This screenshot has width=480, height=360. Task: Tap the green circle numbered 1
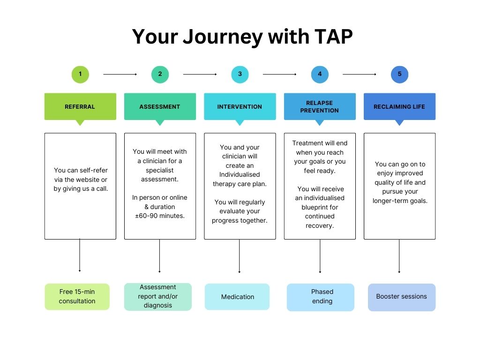[80, 74]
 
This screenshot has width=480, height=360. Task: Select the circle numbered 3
[240, 74]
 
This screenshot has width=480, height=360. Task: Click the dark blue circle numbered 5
[399, 74]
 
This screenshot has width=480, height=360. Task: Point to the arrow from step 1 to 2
[120, 74]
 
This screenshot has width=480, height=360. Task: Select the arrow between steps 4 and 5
[360, 74]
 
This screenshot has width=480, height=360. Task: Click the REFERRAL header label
[80, 107]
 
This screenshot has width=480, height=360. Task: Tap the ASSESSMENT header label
[160, 107]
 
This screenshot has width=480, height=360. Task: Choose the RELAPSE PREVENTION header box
[320, 107]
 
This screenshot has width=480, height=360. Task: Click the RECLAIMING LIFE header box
[399, 107]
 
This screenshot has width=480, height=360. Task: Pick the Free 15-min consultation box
[77, 296]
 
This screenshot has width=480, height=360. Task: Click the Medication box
[237, 297]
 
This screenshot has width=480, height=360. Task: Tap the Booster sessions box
[402, 297]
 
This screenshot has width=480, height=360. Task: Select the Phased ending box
[321, 297]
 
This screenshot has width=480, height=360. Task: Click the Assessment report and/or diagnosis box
[158, 296]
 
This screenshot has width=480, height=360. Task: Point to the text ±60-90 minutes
[160, 216]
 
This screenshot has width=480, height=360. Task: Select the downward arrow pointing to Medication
[240, 255]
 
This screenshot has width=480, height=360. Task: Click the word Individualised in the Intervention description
[240, 175]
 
